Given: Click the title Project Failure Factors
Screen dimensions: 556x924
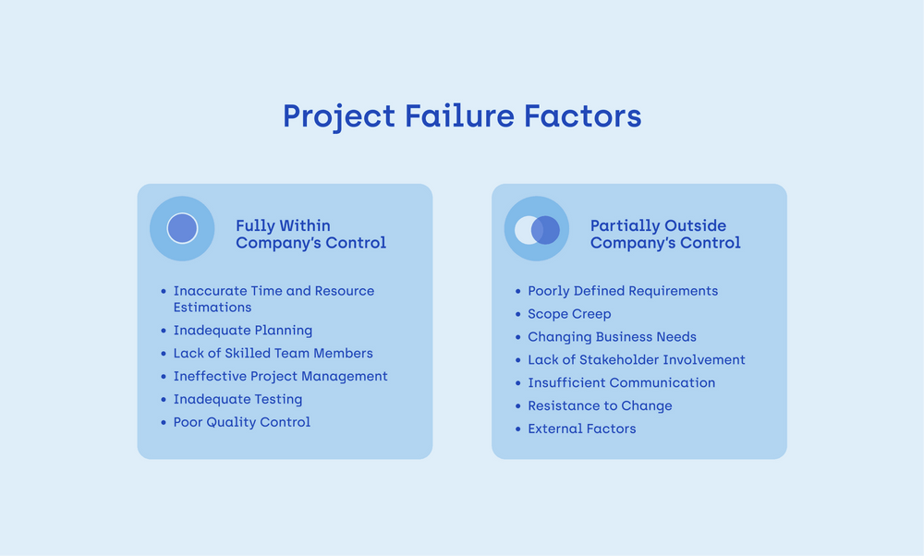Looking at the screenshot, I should coord(461,116).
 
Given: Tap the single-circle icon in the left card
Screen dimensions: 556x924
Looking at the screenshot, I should coord(182,228).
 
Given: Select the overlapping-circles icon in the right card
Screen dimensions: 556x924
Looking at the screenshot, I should coord(537,229).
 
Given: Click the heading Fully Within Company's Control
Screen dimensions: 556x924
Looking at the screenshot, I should coord(310,235).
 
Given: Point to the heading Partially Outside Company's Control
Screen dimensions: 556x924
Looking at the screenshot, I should coord(665,235).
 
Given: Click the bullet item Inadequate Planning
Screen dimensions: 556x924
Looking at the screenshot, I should coord(243,331).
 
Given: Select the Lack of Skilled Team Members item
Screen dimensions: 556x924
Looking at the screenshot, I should coord(274,354).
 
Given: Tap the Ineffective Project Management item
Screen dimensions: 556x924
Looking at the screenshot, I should coord(281,377).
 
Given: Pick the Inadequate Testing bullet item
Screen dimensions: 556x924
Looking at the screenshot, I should coord(238,400).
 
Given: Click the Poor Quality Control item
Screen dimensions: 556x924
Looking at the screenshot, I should coord(242,422).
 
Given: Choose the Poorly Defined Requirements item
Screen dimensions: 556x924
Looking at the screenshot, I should coord(623,291).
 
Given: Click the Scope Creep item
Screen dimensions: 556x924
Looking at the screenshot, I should coord(569,314).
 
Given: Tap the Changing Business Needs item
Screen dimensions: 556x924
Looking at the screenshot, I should coord(612,337).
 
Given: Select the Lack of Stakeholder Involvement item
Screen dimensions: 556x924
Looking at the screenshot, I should coord(636,360).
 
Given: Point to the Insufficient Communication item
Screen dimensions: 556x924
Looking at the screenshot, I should coord(621,383).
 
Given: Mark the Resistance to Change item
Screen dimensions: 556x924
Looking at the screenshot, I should coord(600,406).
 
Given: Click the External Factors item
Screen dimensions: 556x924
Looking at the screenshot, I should coord(582,429).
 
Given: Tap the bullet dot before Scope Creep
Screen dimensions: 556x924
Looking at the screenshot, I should coord(518,315).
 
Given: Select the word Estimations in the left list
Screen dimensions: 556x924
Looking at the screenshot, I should coord(213,308).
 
